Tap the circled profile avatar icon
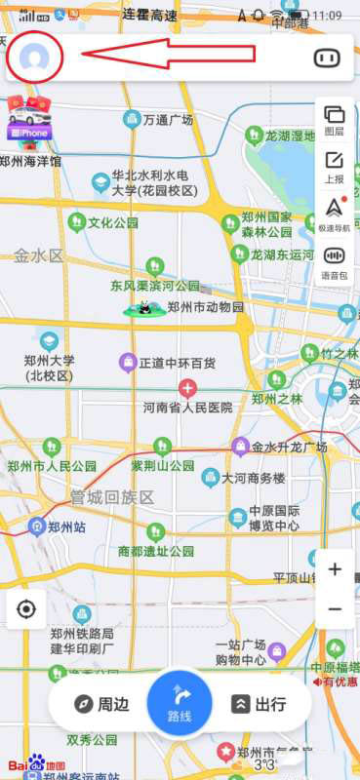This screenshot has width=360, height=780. click(35, 58)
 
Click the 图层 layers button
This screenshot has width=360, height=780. click(335, 120)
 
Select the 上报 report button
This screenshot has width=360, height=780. click(335, 166)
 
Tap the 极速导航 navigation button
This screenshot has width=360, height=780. click(335, 213)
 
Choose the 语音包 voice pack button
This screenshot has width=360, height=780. click(335, 261)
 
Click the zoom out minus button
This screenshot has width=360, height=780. click(335, 609)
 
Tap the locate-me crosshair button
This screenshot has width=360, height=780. click(26, 609)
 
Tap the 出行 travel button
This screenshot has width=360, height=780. click(260, 704)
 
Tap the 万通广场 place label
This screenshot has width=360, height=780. click(169, 121)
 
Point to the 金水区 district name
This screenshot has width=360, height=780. click(38, 256)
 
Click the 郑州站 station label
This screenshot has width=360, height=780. click(68, 527)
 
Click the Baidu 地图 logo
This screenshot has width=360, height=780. click(37, 764)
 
